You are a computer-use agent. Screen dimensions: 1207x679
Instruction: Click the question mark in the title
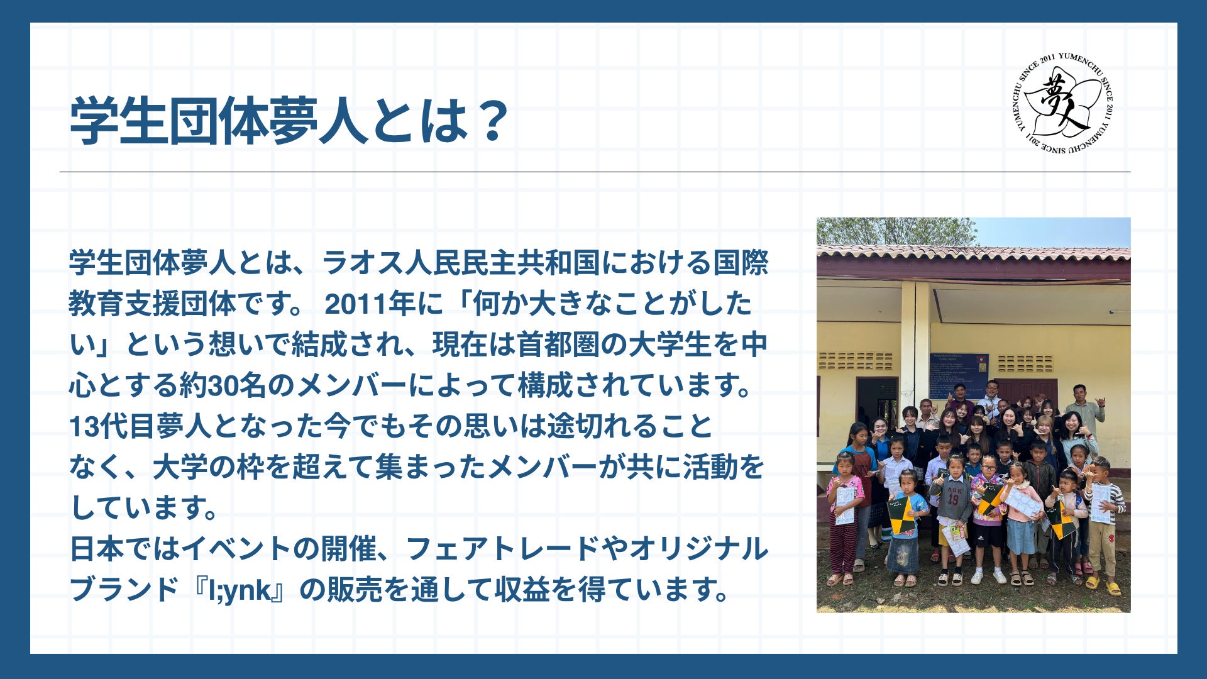click(488, 121)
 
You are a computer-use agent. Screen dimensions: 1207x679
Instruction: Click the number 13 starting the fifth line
click(84, 427)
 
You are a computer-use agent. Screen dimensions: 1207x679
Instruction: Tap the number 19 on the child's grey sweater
click(953, 500)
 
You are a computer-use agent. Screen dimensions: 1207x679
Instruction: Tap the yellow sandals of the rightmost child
click(1103, 586)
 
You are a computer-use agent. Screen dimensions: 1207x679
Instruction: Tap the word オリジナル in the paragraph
click(699, 549)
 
